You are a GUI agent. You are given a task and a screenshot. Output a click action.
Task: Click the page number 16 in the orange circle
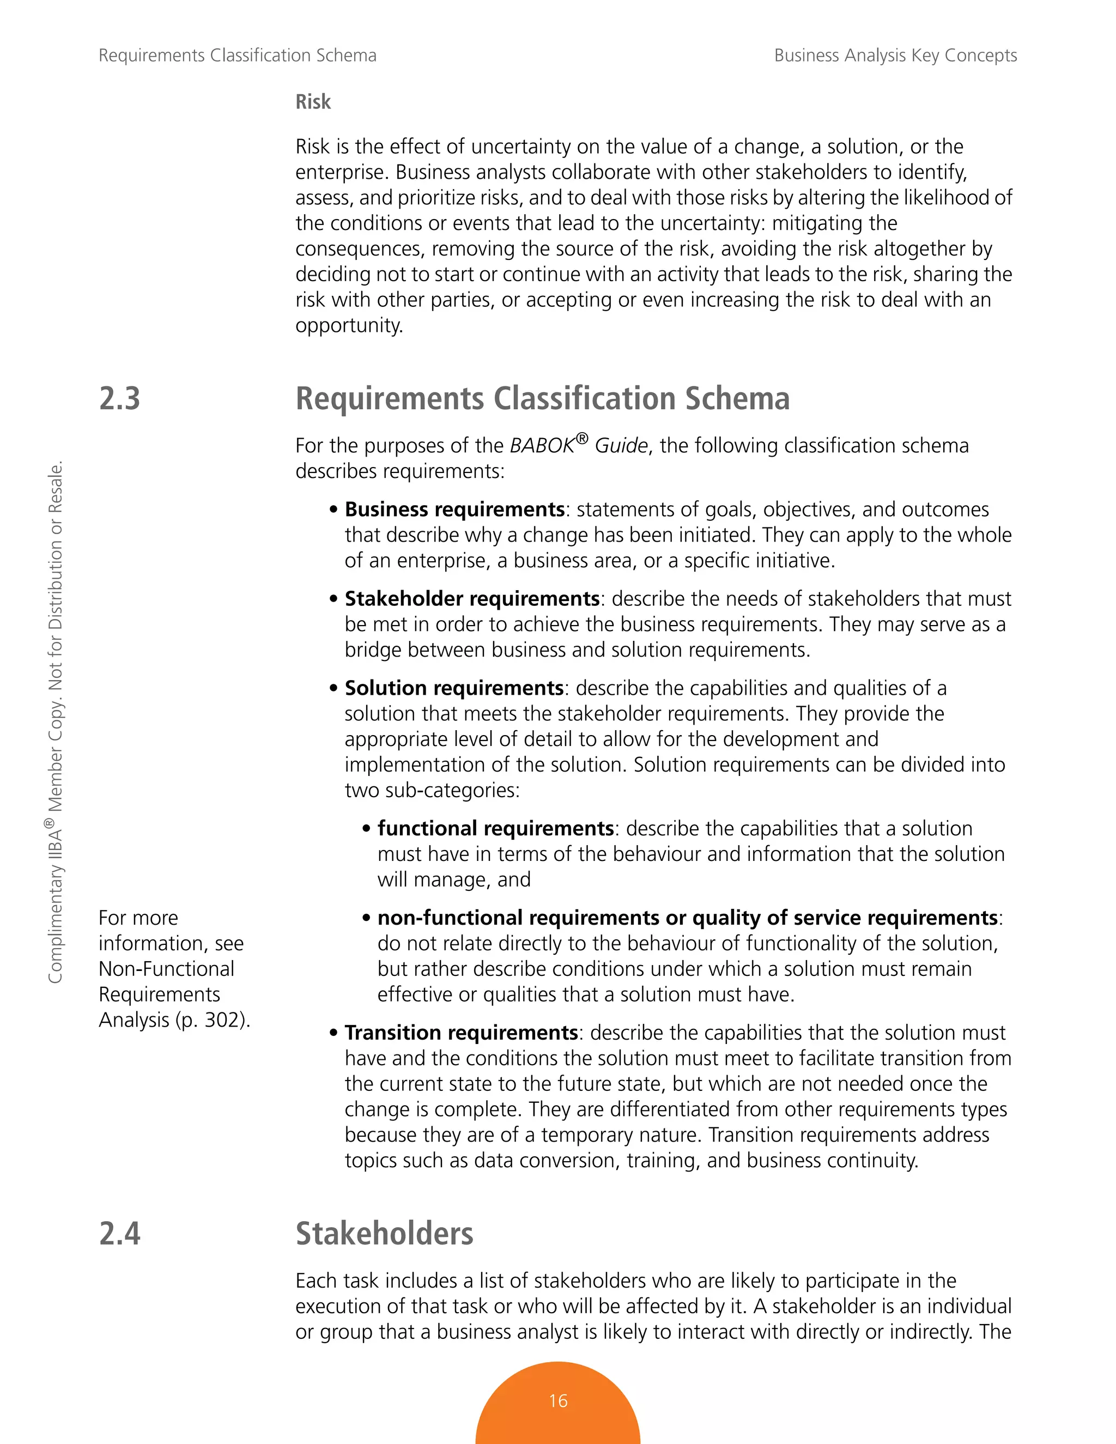click(x=557, y=1400)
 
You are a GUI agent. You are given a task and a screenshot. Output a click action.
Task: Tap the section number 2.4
click(x=120, y=1233)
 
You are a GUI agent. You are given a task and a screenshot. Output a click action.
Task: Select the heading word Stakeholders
click(x=384, y=1233)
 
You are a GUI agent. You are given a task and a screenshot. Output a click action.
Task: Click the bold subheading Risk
click(x=313, y=102)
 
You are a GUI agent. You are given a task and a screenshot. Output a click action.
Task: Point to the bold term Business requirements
click(x=454, y=509)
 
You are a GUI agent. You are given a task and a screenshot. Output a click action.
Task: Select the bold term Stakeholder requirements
click(x=471, y=598)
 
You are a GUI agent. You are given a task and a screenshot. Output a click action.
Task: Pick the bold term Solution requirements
click(x=453, y=688)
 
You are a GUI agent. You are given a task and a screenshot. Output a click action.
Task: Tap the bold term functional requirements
click(x=495, y=828)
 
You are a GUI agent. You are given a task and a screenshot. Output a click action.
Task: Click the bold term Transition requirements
click(x=461, y=1032)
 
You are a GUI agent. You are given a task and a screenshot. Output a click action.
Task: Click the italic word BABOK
click(x=542, y=446)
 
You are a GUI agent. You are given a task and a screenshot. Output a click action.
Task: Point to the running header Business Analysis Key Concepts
click(x=895, y=56)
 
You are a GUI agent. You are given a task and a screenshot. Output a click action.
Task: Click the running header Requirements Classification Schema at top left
click(x=238, y=56)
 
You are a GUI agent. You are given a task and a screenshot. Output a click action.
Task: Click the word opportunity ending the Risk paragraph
click(x=348, y=325)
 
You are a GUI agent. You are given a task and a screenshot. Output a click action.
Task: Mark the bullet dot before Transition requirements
click(x=334, y=1033)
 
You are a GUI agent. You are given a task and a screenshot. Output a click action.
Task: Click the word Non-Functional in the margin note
click(x=167, y=969)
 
